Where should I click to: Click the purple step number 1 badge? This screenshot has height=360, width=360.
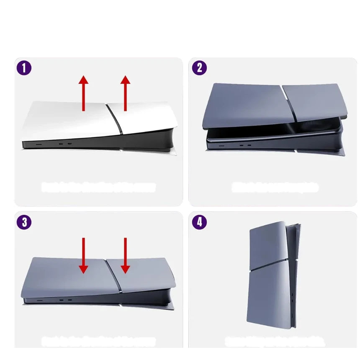pyautogui.click(x=24, y=68)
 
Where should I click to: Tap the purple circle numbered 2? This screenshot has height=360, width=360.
pyautogui.click(x=199, y=68)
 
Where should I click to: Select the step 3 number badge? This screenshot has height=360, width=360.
pyautogui.click(x=24, y=222)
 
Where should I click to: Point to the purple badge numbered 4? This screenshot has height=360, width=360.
pyautogui.click(x=199, y=222)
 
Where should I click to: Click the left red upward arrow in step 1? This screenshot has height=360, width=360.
pyautogui.click(x=84, y=93)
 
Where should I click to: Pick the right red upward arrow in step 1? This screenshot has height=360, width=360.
pyautogui.click(x=125, y=93)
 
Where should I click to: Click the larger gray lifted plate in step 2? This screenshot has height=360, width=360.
pyautogui.click(x=243, y=105)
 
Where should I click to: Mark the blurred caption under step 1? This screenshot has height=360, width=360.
pyautogui.click(x=98, y=187)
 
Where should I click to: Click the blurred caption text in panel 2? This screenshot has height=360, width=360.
pyautogui.click(x=275, y=187)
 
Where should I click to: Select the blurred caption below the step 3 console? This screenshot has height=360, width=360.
pyautogui.click(x=98, y=341)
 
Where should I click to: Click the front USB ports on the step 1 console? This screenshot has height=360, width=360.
pyautogui.click(x=65, y=144)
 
